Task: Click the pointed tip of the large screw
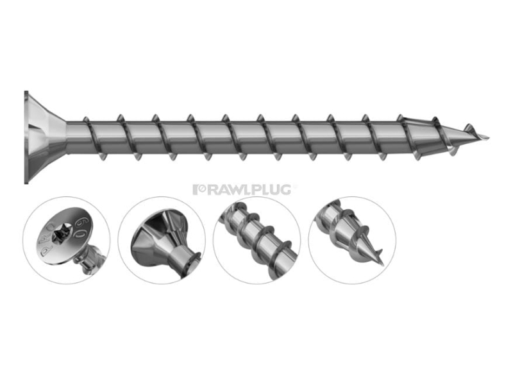pos(487,137)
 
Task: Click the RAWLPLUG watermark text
pos(246,189)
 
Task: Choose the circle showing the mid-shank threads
pos(256,240)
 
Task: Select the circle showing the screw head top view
pos(67,240)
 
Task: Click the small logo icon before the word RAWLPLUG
pos(198,189)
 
